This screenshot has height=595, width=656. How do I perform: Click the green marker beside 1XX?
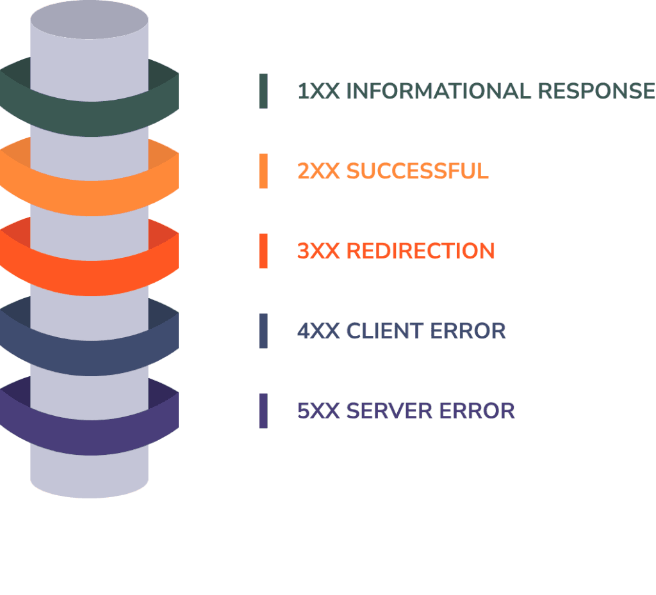[x=263, y=91]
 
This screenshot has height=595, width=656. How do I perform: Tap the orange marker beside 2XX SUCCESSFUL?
[x=263, y=171]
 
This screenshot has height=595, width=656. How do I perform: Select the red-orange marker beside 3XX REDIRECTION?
[x=263, y=251]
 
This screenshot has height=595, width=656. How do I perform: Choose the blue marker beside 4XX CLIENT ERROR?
[x=263, y=331]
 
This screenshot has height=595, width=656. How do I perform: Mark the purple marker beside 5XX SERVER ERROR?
[x=263, y=411]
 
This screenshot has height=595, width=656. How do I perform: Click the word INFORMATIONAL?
[x=438, y=91]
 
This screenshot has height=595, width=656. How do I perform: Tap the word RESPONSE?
[x=596, y=91]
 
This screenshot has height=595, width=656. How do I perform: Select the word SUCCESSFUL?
[x=417, y=171]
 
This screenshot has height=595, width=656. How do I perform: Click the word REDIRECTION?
[x=420, y=251]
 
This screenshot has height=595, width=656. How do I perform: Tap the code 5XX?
[x=318, y=411]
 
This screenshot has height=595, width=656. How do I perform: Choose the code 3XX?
[x=318, y=251]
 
